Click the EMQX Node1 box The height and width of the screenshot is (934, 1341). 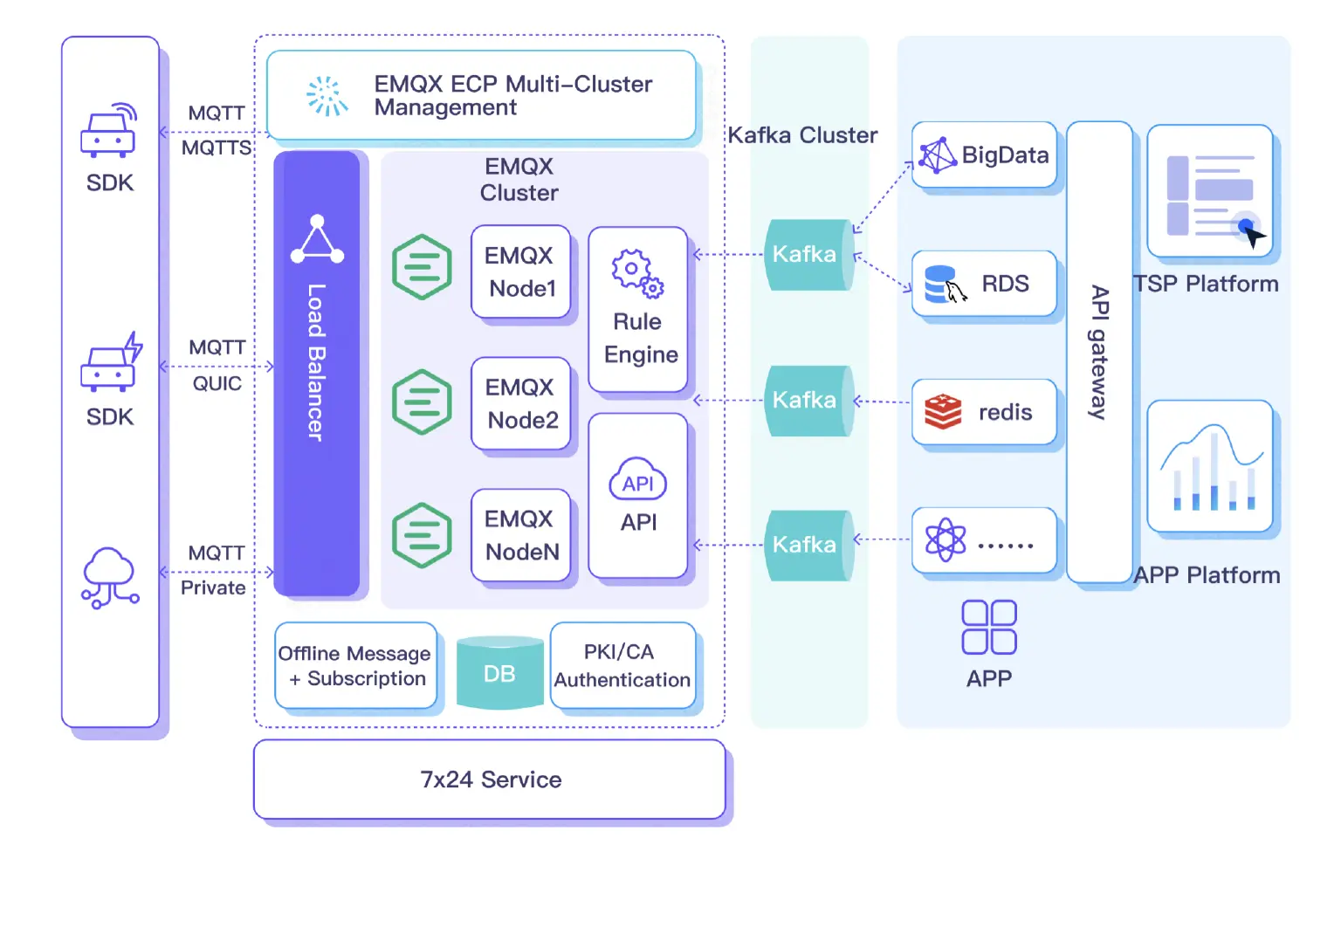[521, 271]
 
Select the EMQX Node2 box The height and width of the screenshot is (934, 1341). [521, 403]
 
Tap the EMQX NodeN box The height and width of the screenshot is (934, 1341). [521, 535]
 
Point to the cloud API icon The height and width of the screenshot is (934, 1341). [638, 481]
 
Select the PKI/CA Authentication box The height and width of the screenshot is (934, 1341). [622, 665]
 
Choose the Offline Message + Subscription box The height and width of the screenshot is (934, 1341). [354, 665]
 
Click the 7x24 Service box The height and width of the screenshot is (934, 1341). [490, 779]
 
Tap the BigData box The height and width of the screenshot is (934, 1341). [984, 155]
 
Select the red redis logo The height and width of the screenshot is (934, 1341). [943, 412]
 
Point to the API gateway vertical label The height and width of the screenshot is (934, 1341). [1099, 353]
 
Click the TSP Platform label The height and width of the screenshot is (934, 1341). [1206, 284]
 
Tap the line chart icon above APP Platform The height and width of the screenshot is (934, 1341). [1210, 467]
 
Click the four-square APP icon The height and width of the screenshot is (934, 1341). [989, 627]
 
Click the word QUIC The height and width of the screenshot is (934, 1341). [217, 383]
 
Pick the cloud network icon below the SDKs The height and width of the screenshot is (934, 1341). [110, 577]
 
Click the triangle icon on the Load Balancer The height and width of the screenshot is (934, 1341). [317, 239]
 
